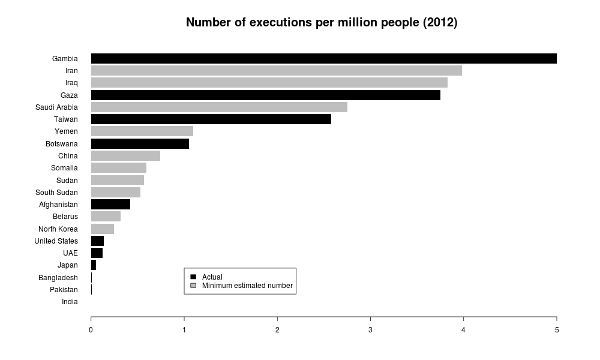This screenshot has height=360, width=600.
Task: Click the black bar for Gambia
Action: [324, 58]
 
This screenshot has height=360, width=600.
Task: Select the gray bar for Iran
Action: [277, 71]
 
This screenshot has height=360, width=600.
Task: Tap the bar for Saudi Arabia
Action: [219, 107]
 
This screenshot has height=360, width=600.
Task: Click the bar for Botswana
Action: [140, 143]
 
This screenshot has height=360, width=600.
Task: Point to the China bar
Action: [125, 156]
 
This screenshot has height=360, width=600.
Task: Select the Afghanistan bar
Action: [110, 205]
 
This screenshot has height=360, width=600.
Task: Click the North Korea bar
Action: [103, 229]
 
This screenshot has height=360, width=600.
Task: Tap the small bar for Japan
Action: [94, 265]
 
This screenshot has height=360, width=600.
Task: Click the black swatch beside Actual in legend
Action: [193, 277]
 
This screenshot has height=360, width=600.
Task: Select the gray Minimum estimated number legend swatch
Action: [193, 286]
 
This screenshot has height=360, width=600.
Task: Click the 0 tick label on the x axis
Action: [91, 329]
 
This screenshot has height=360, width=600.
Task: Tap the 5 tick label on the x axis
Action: [557, 329]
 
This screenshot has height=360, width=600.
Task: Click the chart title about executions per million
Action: [322, 23]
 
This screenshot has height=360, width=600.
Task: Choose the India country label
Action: [70, 302]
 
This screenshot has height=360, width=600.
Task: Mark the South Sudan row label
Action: [56, 193]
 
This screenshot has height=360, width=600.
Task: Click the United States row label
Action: [56, 241]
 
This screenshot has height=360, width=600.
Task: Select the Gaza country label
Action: [69, 95]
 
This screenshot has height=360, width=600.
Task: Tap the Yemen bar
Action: [142, 131]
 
